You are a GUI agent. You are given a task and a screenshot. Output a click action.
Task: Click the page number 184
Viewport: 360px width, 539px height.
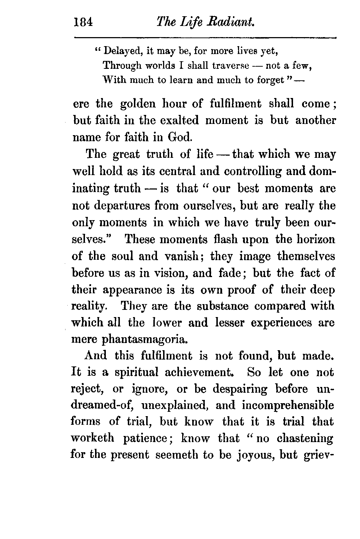point(83,23)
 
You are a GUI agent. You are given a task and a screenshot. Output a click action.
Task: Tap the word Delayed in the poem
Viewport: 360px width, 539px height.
point(122,52)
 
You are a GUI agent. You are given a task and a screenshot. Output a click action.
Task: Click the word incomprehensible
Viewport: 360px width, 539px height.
point(288,405)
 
